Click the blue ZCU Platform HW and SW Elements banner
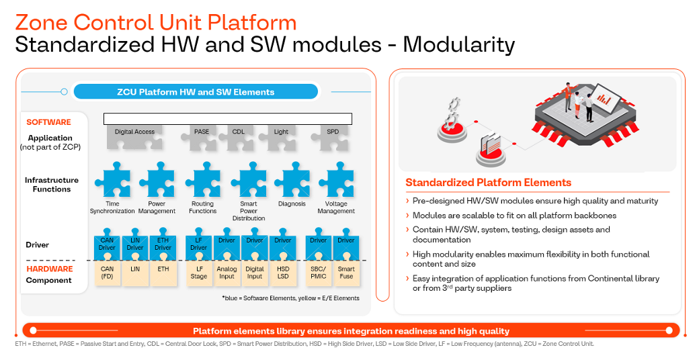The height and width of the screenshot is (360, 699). pyautogui.click(x=196, y=92)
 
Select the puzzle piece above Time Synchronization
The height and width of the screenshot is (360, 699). pyautogui.click(x=112, y=183)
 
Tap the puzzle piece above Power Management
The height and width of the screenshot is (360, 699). pyautogui.click(x=157, y=183)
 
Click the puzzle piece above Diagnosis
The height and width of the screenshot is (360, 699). pyautogui.click(x=292, y=183)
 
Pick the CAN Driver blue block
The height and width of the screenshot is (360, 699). pyautogui.click(x=107, y=244)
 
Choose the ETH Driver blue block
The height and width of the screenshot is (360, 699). pyautogui.click(x=163, y=244)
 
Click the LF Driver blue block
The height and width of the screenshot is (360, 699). pyautogui.click(x=198, y=244)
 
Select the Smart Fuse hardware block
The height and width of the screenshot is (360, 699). pyautogui.click(x=346, y=273)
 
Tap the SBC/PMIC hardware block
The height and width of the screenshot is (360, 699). pyautogui.click(x=318, y=273)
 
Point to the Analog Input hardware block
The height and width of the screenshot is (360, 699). pyautogui.click(x=227, y=273)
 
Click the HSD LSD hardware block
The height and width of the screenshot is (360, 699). pyautogui.click(x=283, y=273)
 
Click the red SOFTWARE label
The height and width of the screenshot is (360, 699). pyautogui.click(x=48, y=122)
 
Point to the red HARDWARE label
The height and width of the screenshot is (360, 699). pyautogui.click(x=50, y=269)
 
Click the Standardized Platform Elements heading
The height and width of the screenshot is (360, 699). pyautogui.click(x=488, y=183)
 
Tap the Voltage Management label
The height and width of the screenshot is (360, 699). pyautogui.click(x=336, y=208)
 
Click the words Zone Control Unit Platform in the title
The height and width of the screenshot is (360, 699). pyautogui.click(x=155, y=22)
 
